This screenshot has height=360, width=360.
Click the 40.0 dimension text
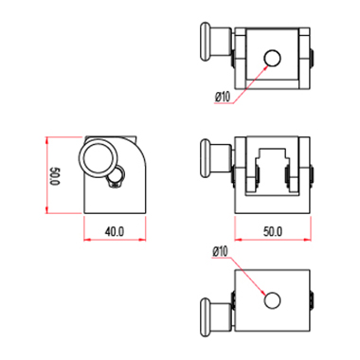(115, 232)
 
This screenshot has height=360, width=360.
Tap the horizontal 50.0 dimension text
(273, 232)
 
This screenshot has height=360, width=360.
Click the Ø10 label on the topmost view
(223, 97)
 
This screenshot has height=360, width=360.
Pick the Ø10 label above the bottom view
(220, 252)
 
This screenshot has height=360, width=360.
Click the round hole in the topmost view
(272, 58)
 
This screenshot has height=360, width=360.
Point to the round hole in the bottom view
(272, 300)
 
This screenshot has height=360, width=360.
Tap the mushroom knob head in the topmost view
(206, 42)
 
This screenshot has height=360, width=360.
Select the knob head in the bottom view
(206, 317)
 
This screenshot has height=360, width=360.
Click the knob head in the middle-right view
(206, 159)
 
